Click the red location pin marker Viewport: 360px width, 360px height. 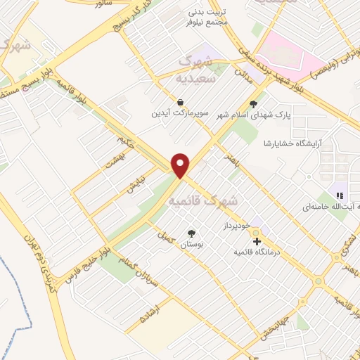[x=181, y=165]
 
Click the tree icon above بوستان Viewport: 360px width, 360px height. [x=191, y=233]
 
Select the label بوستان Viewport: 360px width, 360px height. [x=191, y=243]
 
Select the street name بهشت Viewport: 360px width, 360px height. [x=114, y=162]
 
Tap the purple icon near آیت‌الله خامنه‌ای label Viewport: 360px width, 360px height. [x=340, y=195]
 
